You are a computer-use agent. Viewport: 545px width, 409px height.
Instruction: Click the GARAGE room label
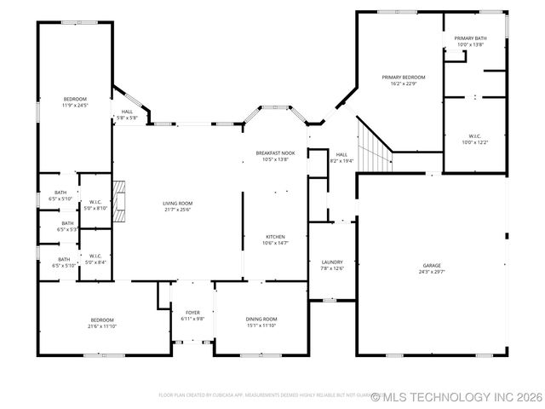coord(432,266)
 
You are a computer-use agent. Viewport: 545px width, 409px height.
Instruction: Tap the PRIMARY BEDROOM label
coord(403,78)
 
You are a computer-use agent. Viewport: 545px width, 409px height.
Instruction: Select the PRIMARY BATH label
coord(469,38)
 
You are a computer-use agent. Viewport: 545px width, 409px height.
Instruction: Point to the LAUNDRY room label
coord(332,262)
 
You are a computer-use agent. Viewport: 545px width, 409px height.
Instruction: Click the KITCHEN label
coord(274,237)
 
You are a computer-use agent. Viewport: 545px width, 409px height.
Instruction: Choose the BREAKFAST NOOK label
coord(276,153)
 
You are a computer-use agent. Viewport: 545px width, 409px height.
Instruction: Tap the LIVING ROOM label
coord(178,203)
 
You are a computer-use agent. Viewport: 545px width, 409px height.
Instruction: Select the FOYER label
coord(192,313)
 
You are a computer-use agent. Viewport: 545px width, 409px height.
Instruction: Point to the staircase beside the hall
coord(373,147)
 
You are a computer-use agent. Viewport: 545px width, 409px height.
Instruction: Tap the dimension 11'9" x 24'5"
coord(75,106)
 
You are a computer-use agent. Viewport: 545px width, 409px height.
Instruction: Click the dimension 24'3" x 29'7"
coord(432,272)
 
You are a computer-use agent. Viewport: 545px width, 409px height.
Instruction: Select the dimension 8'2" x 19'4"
coord(341,160)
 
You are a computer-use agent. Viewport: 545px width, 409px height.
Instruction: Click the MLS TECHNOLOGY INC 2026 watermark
coord(456,396)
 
